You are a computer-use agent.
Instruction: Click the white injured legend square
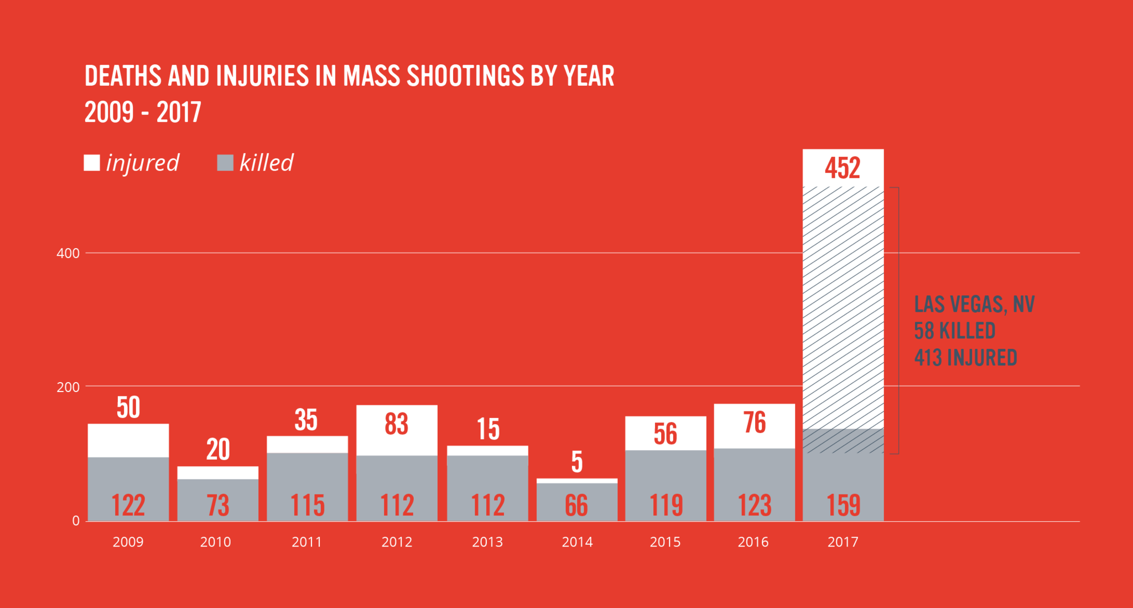coord(92,163)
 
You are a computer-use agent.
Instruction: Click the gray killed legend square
coord(225,163)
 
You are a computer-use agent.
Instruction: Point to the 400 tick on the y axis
coord(68,254)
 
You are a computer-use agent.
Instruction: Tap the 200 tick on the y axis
coord(68,387)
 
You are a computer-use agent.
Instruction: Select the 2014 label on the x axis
coord(577,542)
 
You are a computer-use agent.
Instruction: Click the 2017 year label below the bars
coord(843,542)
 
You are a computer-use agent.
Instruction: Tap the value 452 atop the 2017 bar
coord(843,168)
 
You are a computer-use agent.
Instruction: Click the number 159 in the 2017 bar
coord(843,505)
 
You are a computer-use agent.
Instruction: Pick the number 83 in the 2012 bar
coord(396,424)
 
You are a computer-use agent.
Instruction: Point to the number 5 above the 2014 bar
coord(577,462)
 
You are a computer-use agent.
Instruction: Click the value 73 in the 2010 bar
coord(217,505)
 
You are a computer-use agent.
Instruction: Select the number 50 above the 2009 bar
coord(128,408)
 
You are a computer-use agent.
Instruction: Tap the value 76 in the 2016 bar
coord(755,423)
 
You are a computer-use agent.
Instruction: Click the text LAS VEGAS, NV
coord(974,305)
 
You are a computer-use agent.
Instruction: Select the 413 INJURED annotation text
coord(965,358)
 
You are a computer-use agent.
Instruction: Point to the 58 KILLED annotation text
coord(954,331)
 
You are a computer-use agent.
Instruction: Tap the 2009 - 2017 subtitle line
coord(143,112)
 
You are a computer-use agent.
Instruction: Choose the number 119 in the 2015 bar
coord(666,505)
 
